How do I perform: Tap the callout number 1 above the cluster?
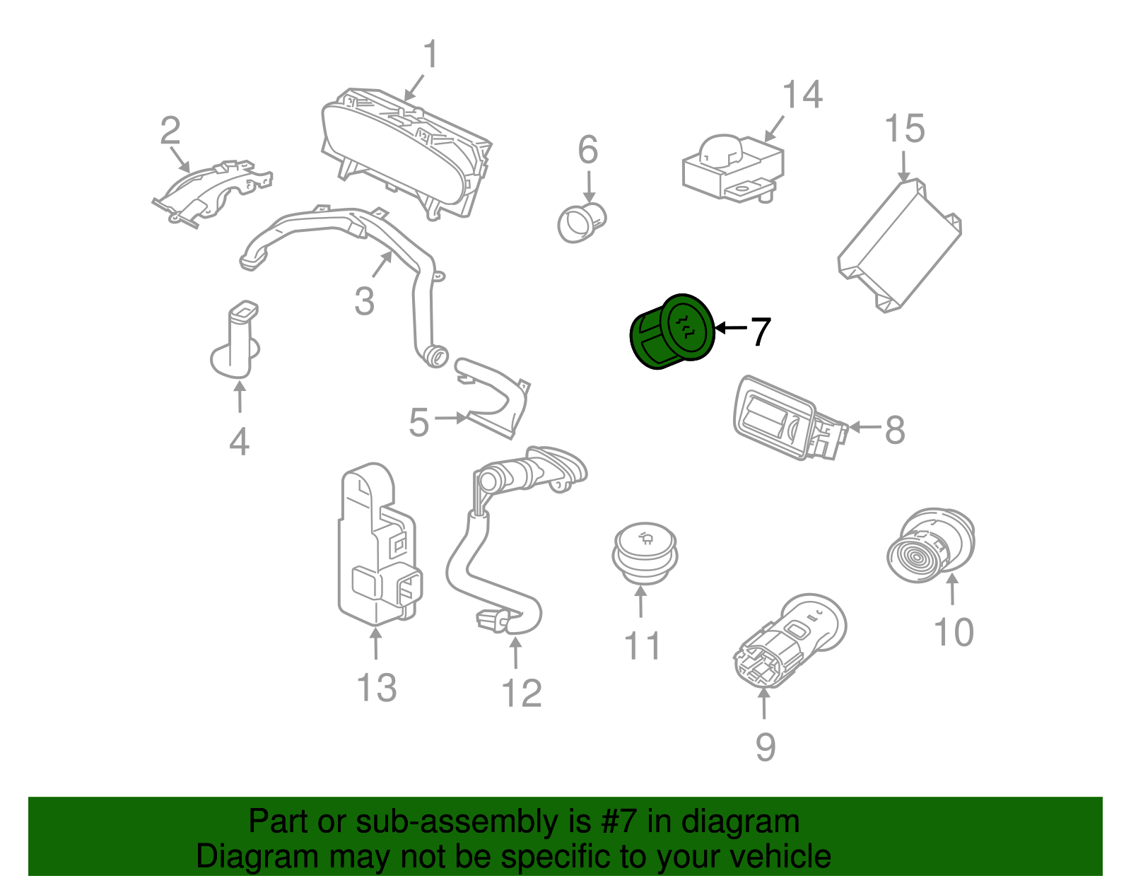pyautogui.click(x=430, y=55)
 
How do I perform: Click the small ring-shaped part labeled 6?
pyautogui.click(x=581, y=223)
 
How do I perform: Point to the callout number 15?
pyautogui.click(x=904, y=129)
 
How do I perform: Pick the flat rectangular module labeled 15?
pyautogui.click(x=899, y=245)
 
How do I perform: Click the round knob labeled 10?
pyautogui.click(x=929, y=546)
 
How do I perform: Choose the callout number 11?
pyautogui.click(x=642, y=645)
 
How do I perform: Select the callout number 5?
pyautogui.click(x=418, y=423)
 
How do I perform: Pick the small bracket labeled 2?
pyautogui.click(x=212, y=191)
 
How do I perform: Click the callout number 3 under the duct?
pyautogui.click(x=364, y=302)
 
